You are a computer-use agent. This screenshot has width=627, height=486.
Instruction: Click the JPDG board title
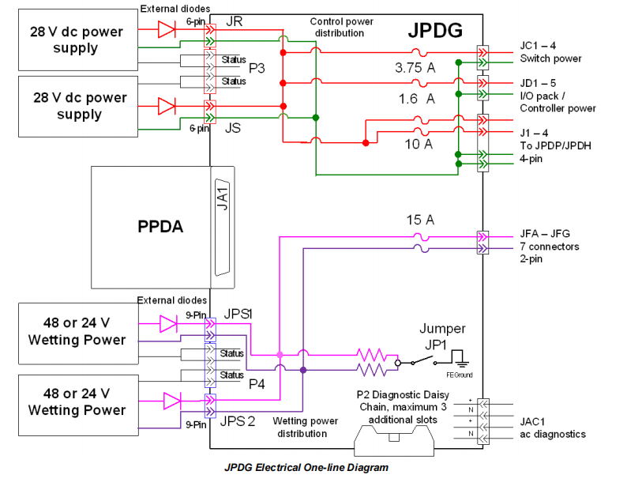[435, 31]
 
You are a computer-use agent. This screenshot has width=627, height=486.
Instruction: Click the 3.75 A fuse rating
[415, 68]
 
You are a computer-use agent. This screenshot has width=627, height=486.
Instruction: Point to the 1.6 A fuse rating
[415, 98]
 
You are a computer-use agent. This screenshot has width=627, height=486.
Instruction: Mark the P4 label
[257, 384]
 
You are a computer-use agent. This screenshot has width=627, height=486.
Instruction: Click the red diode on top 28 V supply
[166, 30]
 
